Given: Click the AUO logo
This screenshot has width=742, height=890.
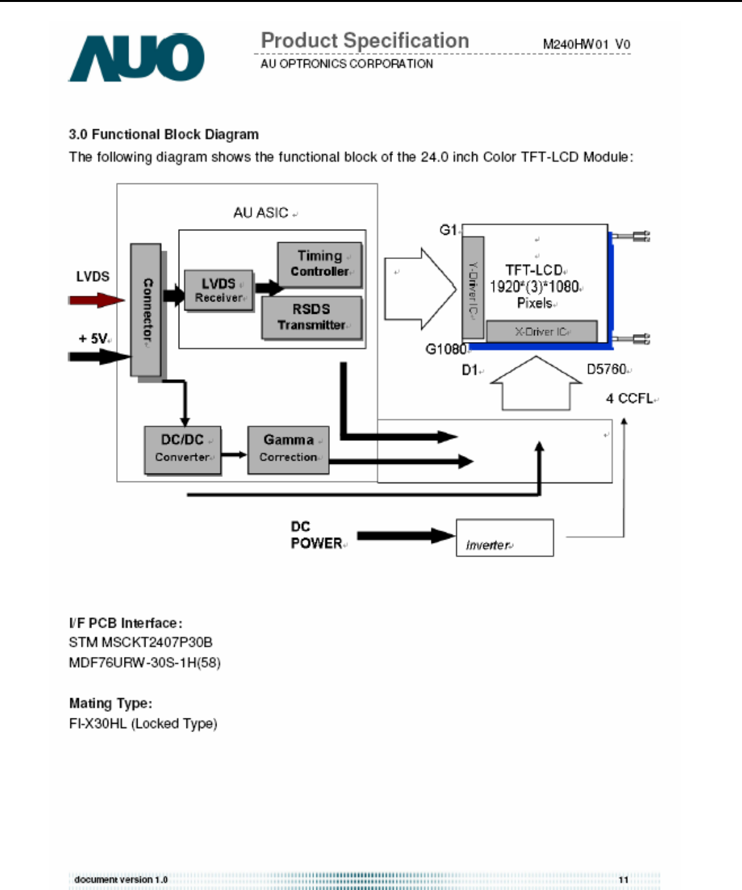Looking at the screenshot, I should (136, 58).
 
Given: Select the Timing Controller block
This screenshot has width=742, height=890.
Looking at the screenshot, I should (319, 264).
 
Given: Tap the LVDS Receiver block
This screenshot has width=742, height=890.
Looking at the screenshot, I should (218, 290).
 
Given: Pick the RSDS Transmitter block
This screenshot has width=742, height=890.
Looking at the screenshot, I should (311, 317).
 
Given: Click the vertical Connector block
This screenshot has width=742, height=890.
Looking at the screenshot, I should (146, 310).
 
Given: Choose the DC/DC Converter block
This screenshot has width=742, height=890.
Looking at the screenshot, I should (182, 449).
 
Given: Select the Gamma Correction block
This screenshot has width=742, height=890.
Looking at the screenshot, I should (288, 449).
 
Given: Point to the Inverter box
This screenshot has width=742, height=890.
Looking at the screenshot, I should (505, 538).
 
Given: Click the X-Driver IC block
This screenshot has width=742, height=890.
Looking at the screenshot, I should (542, 331).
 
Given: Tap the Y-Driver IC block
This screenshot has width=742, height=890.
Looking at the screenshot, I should (473, 288).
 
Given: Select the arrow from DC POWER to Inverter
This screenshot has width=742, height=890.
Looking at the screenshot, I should (405, 536).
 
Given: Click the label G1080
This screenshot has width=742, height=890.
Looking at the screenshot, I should (445, 349).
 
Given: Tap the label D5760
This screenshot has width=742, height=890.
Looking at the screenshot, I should (607, 369).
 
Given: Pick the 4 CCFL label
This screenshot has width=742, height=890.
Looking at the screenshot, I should (629, 398).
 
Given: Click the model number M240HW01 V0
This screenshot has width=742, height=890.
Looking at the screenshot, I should (586, 44).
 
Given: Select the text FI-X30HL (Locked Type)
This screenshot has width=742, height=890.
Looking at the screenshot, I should (143, 723).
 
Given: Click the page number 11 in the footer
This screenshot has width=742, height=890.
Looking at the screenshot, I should (623, 880).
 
